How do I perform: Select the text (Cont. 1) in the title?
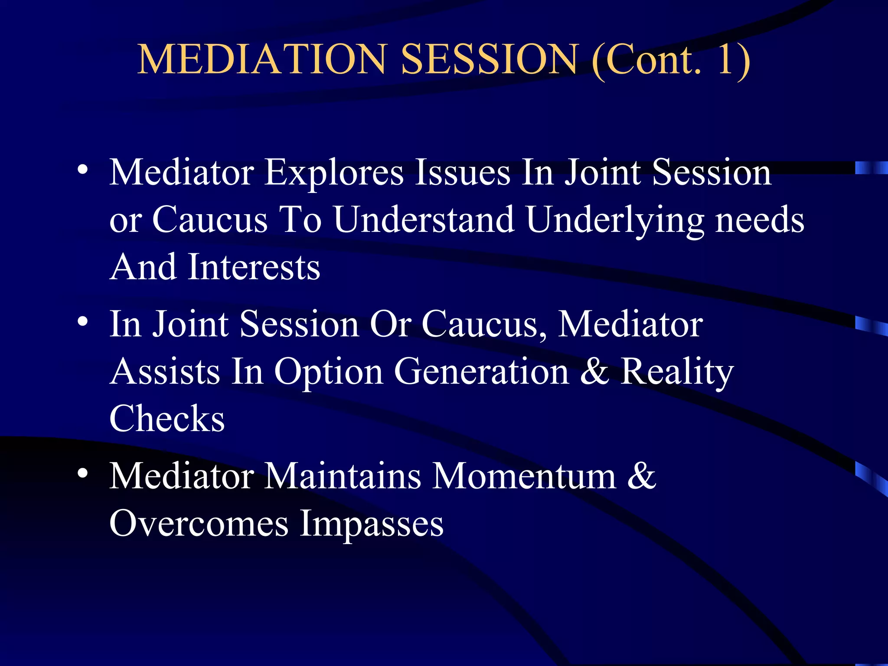pyautogui.click(x=670, y=60)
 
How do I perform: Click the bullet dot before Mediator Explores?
pyautogui.click(x=83, y=170)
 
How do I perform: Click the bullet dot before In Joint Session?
pyautogui.click(x=83, y=322)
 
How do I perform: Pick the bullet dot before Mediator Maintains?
pyautogui.click(x=83, y=473)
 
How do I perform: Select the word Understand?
pyautogui.click(x=424, y=220)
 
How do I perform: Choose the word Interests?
pyautogui.click(x=254, y=268)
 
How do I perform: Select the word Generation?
pyautogui.click(x=481, y=372)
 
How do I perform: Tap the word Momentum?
pyautogui.click(x=524, y=477)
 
